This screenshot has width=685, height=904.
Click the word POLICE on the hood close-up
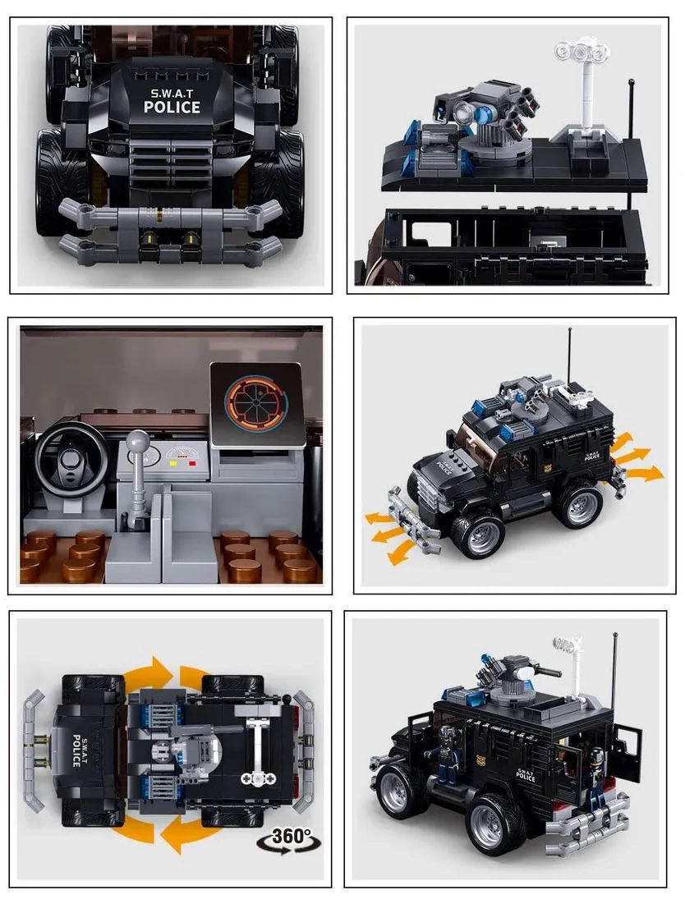pyautogui.click(x=172, y=108)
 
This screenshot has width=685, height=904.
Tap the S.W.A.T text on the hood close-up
pyautogui.click(x=172, y=93)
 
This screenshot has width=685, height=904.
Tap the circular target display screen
pyautogui.click(x=256, y=405)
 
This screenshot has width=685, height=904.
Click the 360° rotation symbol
pyautogui.click(x=289, y=839)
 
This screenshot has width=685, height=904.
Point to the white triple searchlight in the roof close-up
pyautogui.click(x=582, y=53)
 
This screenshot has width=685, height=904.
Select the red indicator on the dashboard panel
pyautogui.click(x=192, y=461)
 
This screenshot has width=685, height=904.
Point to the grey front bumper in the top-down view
pyautogui.click(x=34, y=749)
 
